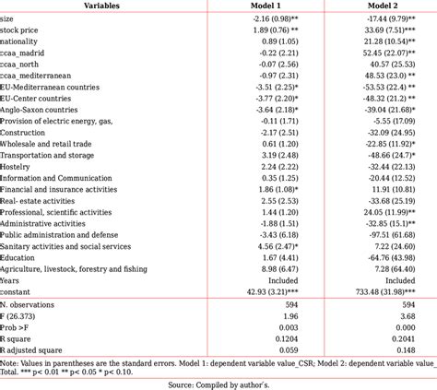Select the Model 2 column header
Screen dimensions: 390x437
pyautogui.click(x=387, y=6)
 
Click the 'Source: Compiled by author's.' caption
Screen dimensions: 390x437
pyautogui.click(x=218, y=383)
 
